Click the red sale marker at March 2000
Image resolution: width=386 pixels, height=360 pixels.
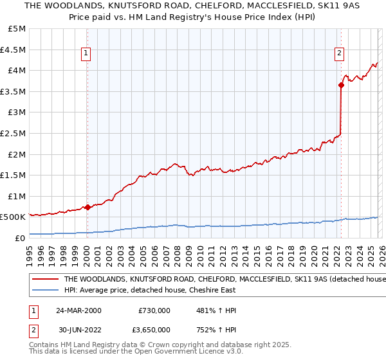(x=87, y=207)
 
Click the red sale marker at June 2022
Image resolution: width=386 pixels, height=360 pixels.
(x=340, y=85)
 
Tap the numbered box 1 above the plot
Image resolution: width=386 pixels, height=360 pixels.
(x=87, y=54)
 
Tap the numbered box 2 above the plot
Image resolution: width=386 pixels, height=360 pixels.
(x=340, y=54)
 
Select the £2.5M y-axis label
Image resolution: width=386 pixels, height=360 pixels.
(x=14, y=133)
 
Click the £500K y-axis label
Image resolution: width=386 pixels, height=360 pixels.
(x=14, y=217)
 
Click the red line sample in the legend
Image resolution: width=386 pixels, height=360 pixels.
(x=46, y=280)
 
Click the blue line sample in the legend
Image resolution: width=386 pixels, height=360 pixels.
(x=46, y=291)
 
